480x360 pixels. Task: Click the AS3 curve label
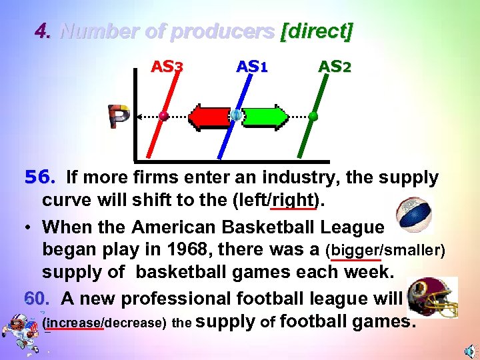pos(167,67)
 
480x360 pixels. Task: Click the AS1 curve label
pos(252,67)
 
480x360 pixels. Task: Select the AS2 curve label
pos(335,67)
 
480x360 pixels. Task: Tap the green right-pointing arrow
pos(265,116)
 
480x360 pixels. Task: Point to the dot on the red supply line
pos(163,116)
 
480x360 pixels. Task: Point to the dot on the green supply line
pos(313,116)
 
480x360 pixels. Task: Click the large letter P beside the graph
pos(121,117)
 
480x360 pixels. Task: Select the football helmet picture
pos(432,297)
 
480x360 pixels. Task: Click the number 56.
pos(37,178)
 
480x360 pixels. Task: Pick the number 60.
pos(37,299)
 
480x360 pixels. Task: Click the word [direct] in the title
pos(317,31)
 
